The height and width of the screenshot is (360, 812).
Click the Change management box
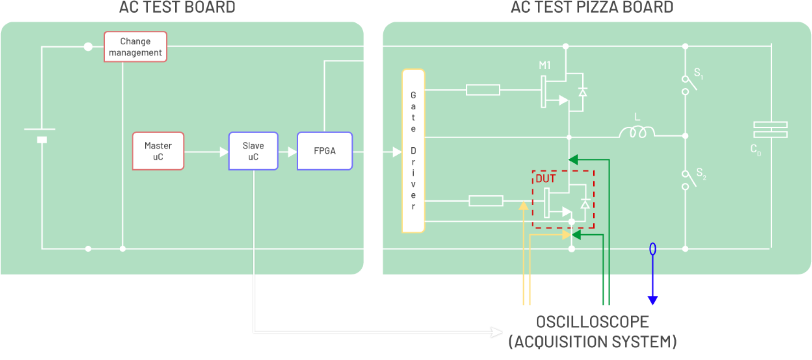pos(136,47)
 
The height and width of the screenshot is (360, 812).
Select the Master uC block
pos(158,151)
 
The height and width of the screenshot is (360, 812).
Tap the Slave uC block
pos(253,151)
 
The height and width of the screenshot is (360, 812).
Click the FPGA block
pos(324,151)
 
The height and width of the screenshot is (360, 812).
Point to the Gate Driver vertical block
pos(413,151)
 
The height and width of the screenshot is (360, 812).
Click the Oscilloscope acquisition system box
pos(592,332)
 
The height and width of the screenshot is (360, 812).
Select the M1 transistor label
pos(544,65)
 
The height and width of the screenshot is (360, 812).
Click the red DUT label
pos(545,179)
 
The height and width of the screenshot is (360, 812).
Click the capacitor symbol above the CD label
pos(770,129)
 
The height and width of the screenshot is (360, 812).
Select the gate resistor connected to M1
pos(483,90)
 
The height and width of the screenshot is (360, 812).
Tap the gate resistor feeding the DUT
pos(486,201)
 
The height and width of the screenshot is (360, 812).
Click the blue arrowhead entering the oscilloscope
pos(652,300)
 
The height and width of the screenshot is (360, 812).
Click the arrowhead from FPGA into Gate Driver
pos(396,152)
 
